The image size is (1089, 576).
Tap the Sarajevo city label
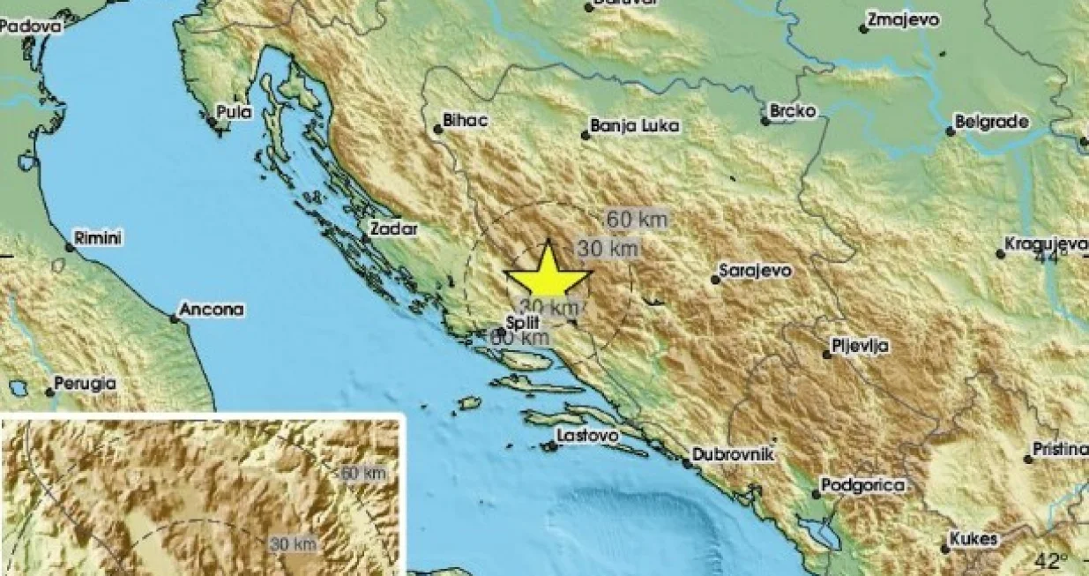[x=755, y=270]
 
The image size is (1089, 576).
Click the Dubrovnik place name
[x=733, y=454]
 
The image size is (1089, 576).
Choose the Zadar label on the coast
[x=392, y=229]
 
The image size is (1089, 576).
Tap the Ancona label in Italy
[x=211, y=310]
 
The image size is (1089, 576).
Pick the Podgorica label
[x=863, y=485]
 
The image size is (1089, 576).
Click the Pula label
[x=234, y=112]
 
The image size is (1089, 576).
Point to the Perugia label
[x=85, y=384]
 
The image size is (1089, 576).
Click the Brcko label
[x=793, y=111]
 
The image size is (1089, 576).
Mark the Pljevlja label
[x=860, y=346]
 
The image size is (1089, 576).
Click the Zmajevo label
[x=903, y=20]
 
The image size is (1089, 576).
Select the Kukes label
[x=973, y=539]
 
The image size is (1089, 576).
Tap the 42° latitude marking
[x=1050, y=560]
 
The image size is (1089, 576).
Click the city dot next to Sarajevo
[x=715, y=280]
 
